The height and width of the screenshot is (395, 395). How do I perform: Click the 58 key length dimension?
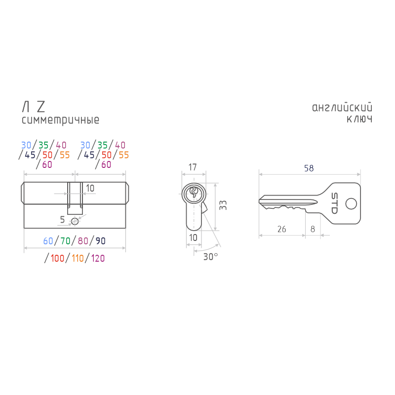(x=309, y=168)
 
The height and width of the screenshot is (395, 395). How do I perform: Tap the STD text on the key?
(x=334, y=203)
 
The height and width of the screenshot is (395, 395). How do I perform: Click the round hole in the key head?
(x=351, y=204)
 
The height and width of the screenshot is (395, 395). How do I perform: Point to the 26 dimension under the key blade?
(x=281, y=229)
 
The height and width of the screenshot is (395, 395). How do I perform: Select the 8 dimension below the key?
(x=313, y=229)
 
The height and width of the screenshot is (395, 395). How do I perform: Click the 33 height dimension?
(x=223, y=205)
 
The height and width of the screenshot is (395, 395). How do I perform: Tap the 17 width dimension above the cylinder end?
(x=193, y=167)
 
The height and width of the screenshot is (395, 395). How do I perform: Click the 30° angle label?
(x=210, y=257)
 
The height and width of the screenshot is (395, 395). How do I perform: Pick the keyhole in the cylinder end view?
(x=194, y=193)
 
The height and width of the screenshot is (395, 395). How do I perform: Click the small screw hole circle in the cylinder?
(x=75, y=221)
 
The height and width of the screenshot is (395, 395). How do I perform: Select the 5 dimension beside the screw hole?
(x=62, y=220)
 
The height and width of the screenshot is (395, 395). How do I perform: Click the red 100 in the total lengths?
(x=57, y=258)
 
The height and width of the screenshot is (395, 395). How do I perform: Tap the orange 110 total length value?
(x=78, y=258)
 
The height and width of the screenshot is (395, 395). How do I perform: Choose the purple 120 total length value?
(x=98, y=258)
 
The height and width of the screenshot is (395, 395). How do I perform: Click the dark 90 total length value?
(x=101, y=241)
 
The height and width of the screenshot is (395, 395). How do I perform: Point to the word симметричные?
(x=60, y=120)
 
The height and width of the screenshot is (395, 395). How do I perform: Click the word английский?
(x=342, y=108)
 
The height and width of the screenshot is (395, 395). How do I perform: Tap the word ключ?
(x=359, y=119)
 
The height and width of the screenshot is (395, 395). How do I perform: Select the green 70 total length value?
(x=65, y=241)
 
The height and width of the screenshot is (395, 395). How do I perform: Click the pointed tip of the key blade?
(x=259, y=201)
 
